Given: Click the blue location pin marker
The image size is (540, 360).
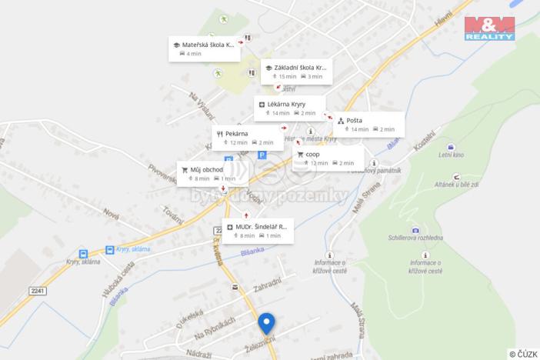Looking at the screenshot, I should coord(266,323).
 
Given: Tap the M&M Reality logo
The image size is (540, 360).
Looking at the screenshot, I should coord(489,28).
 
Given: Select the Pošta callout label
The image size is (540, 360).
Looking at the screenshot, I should coord(368,124).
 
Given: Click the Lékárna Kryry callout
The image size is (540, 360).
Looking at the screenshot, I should coord(289,108).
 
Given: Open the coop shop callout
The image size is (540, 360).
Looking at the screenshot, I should coord(328,158).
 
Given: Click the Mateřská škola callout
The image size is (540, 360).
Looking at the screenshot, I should coord(204,48).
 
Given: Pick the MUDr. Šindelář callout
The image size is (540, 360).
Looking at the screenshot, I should coord(258,231).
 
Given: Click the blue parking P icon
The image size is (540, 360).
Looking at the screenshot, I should coord(262,155).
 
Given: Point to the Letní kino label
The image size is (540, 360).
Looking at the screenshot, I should coord(452,155).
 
